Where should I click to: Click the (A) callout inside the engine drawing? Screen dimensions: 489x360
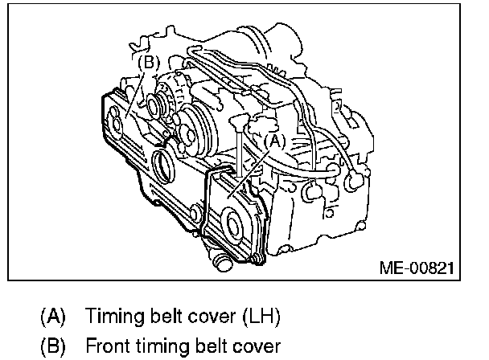(x=274, y=140)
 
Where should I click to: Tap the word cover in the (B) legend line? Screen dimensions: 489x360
(x=248, y=346)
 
